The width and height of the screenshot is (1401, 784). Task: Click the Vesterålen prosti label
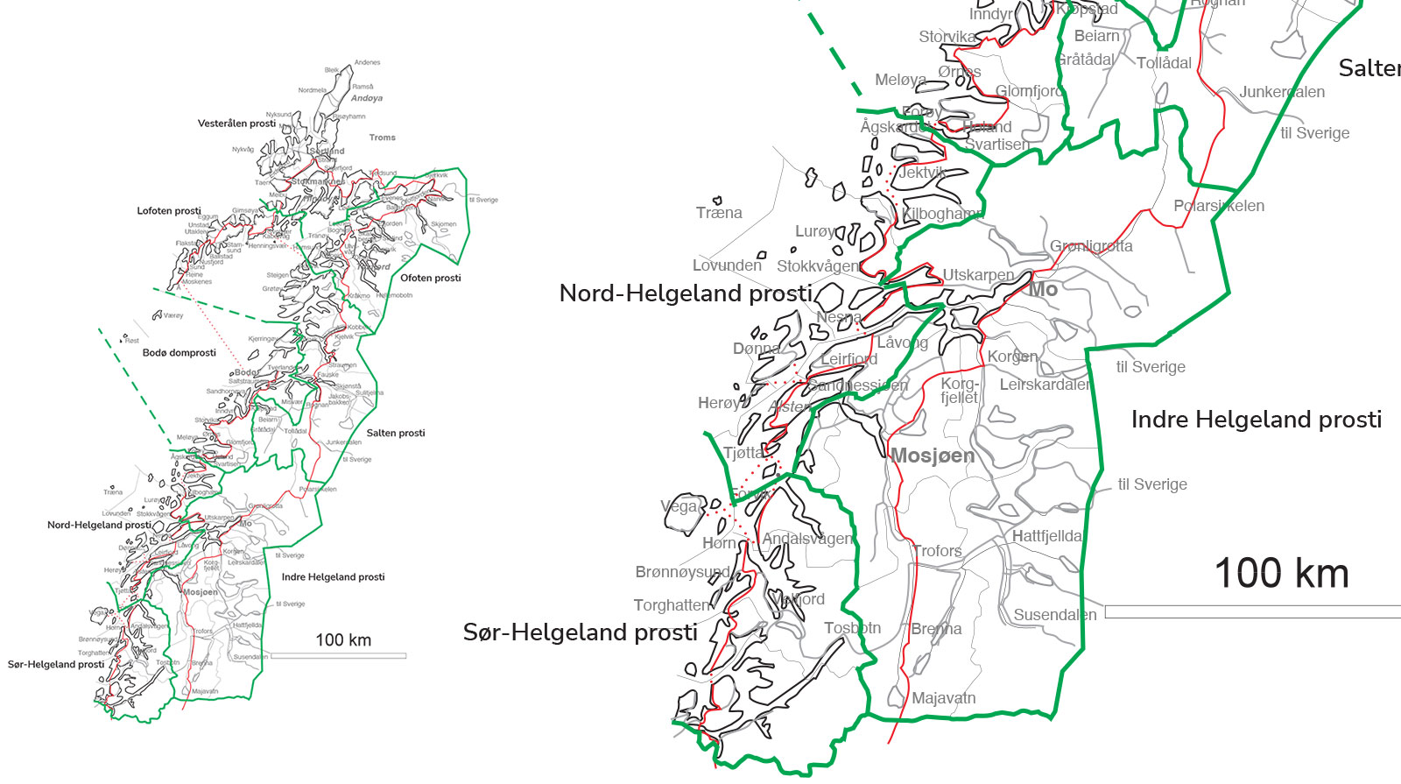point(236,124)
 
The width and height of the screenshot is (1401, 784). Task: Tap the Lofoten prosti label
point(169,211)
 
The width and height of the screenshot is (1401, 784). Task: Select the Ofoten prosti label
point(430,278)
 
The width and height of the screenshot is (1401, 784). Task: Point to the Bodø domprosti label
point(179,353)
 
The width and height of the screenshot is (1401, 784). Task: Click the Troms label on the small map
point(382,138)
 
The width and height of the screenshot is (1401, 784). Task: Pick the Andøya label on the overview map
point(366,98)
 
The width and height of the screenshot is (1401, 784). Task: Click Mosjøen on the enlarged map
point(933,456)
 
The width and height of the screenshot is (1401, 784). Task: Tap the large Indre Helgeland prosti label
point(1256,420)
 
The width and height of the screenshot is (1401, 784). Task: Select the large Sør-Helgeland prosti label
point(580,632)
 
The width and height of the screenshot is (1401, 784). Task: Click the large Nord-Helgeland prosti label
point(686,293)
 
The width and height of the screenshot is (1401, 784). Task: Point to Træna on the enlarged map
point(719,213)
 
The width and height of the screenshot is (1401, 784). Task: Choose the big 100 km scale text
point(1281,574)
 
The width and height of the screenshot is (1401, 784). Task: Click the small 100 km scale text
point(343,640)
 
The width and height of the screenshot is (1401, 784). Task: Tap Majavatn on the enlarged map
point(943,698)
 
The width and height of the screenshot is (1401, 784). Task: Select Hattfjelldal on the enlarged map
point(1047,536)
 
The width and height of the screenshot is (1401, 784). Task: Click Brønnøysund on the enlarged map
point(682,572)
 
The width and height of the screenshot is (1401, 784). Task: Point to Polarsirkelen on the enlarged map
point(1218,206)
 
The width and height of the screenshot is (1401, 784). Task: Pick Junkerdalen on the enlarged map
point(1281,92)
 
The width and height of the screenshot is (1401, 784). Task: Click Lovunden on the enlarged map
point(727,265)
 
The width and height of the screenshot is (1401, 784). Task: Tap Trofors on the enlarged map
point(937,551)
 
